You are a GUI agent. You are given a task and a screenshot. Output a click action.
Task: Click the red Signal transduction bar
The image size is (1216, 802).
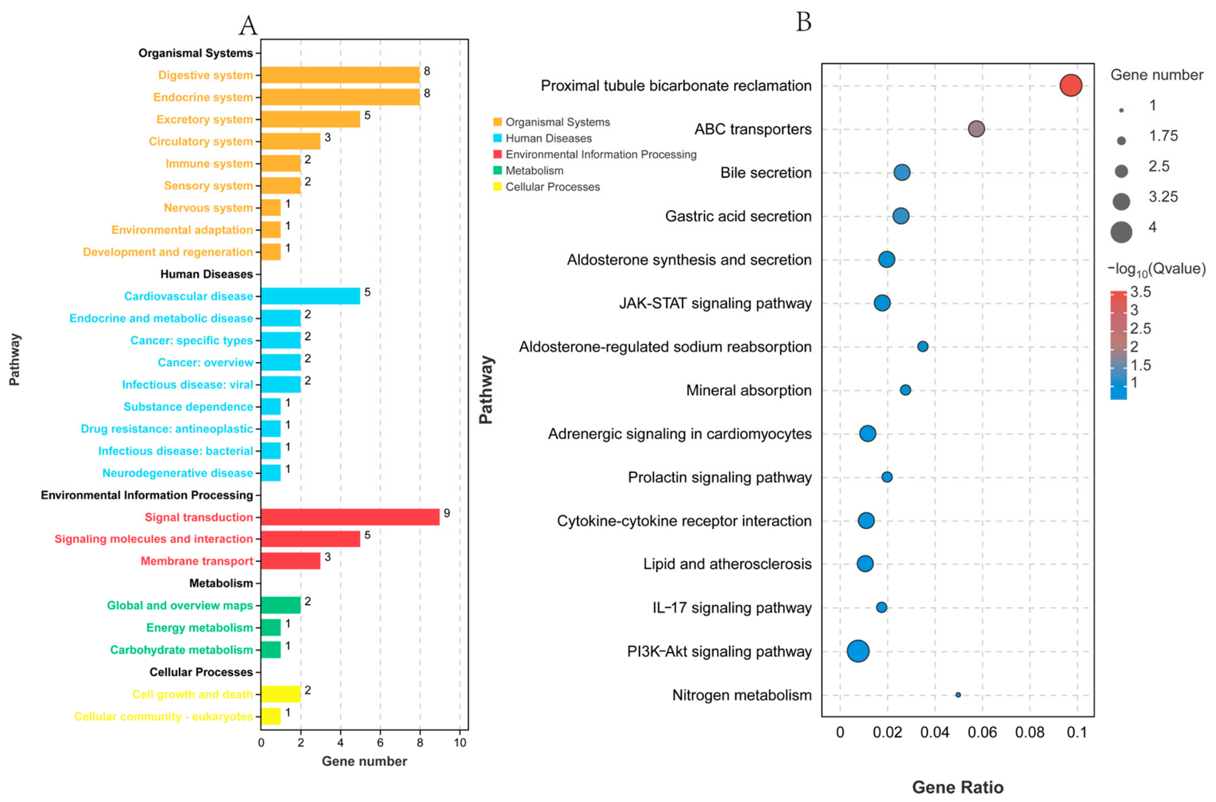[350, 517]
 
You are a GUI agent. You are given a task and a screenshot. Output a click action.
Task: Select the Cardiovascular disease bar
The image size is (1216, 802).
[311, 295]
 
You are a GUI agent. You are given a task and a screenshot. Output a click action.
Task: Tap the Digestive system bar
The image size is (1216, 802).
[340, 75]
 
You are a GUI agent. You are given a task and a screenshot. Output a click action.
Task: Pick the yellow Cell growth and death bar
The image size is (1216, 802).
[280, 694]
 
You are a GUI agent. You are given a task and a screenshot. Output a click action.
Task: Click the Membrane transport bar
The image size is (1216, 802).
[291, 561]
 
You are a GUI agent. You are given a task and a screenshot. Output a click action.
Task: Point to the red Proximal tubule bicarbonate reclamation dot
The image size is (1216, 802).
[1071, 85]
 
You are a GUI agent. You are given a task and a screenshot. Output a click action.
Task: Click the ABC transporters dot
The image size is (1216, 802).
[976, 129]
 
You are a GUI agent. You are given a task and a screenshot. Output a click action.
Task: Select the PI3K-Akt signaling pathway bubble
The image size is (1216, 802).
[858, 651]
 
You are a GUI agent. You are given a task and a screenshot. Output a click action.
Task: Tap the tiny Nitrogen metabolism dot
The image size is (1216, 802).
[958, 695]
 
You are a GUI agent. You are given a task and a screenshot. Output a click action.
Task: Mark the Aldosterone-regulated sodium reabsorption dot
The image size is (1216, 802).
[922, 346]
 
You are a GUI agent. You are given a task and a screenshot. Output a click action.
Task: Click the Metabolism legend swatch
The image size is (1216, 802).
[498, 170]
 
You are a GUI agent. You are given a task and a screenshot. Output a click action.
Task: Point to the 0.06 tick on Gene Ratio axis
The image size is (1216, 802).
[982, 732]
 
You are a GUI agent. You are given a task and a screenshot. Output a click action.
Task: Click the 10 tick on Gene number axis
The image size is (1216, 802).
[460, 743]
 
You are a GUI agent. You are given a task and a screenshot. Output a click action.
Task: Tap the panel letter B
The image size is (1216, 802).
[803, 22]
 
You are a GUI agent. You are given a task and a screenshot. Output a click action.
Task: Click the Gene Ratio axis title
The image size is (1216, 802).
[958, 787]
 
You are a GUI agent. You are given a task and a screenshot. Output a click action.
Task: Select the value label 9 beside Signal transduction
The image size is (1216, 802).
[447, 513]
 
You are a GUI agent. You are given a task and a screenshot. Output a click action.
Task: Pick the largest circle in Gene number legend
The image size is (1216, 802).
[1121, 232]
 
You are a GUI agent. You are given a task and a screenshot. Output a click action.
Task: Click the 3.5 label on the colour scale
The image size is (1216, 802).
[1140, 292]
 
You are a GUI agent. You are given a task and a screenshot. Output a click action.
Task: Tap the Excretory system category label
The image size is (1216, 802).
[205, 119]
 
